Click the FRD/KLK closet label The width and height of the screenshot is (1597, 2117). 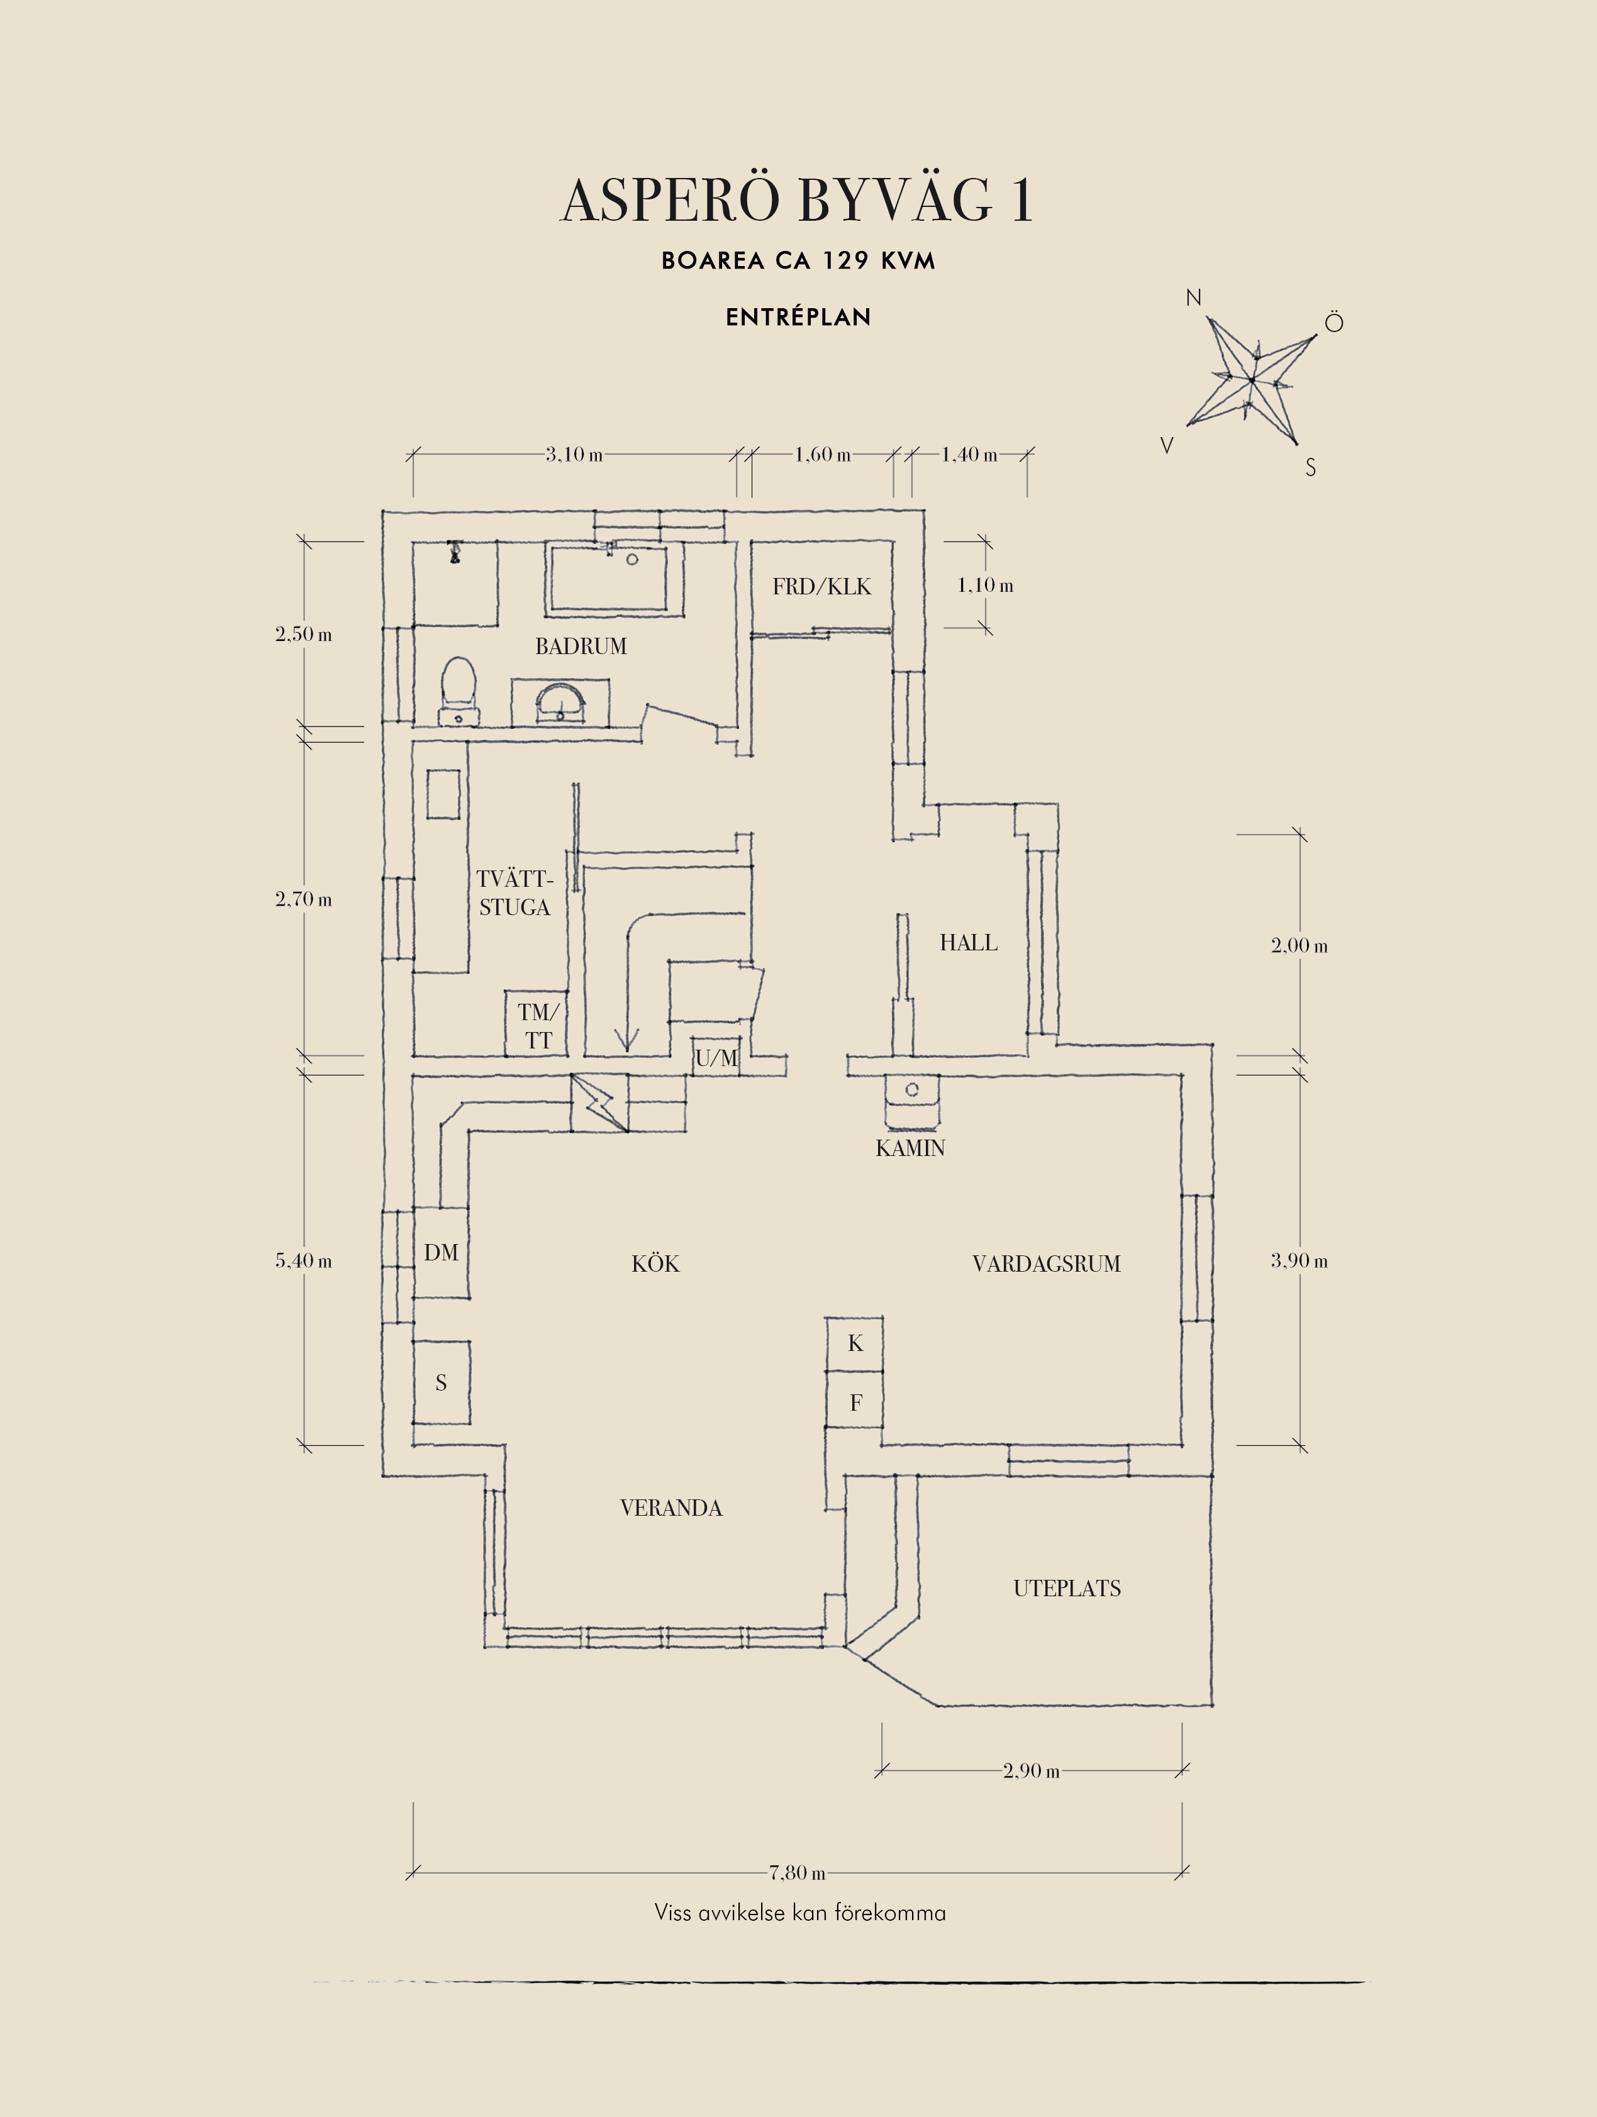(822, 587)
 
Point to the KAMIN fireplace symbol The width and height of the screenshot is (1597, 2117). (911, 1101)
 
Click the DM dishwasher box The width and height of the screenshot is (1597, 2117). (441, 1253)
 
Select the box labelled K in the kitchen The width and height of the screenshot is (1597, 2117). (854, 1343)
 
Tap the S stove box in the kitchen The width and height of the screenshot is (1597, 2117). (441, 1382)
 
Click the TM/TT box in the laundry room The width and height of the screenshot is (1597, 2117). (537, 1025)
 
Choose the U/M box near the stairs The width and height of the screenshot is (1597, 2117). (716, 1057)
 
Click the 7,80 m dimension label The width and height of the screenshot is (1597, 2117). (797, 1872)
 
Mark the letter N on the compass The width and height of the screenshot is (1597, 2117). (1193, 297)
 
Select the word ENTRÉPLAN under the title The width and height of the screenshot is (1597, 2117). (798, 318)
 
